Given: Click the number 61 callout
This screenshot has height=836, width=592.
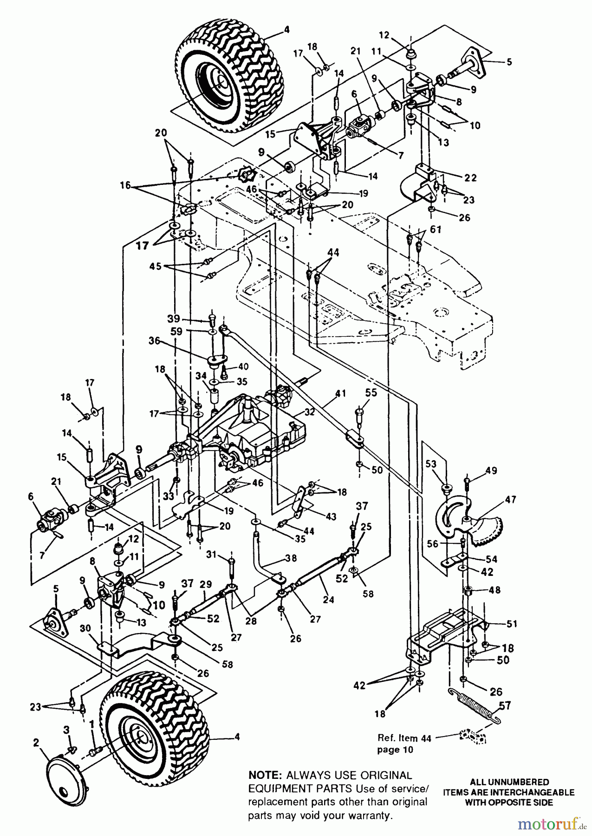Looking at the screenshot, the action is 436,229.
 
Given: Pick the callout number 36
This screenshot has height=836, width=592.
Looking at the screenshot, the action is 154,341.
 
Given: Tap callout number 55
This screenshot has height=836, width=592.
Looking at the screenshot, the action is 371,392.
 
